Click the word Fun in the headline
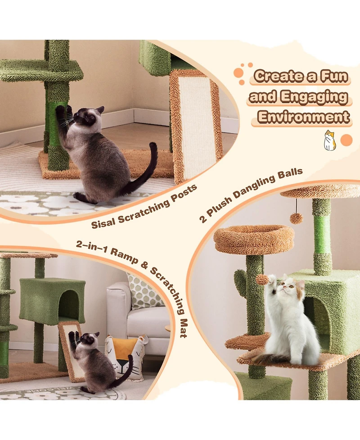pos(333,76)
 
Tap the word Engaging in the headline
pos(314,97)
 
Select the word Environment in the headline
pos(304,117)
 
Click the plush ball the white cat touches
pos(262,279)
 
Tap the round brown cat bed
pos(254,239)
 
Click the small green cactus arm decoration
pos(241,282)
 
